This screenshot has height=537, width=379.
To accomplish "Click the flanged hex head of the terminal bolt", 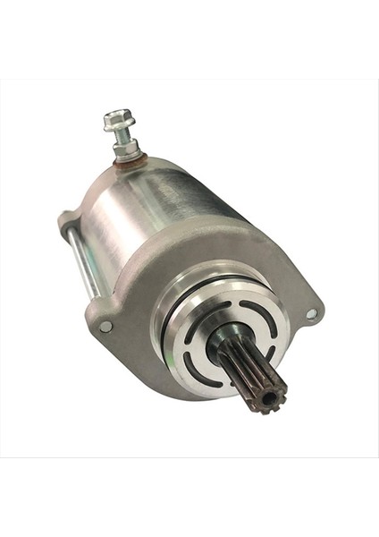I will [116, 118].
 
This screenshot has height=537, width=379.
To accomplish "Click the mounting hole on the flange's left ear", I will [105, 327].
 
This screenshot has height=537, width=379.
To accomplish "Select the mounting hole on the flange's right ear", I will [311, 313].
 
